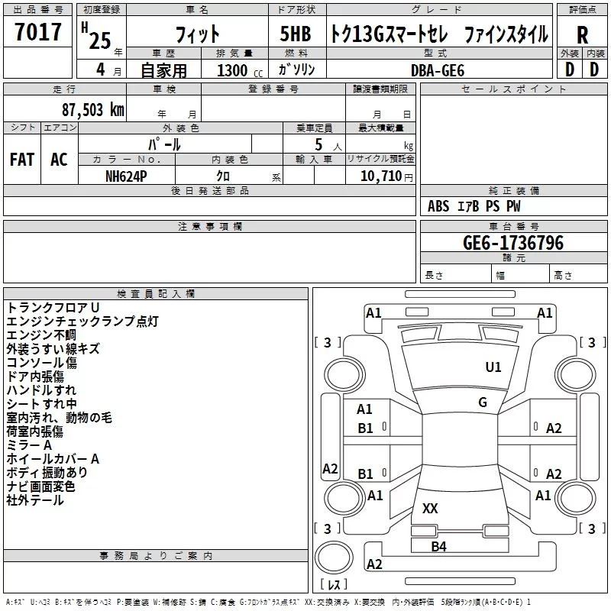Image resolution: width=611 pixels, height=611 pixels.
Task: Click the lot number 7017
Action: (38, 32)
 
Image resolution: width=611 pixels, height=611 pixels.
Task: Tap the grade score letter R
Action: (583, 34)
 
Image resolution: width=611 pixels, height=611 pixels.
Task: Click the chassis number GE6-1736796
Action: (513, 244)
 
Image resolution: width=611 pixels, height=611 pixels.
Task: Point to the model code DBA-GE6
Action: (437, 70)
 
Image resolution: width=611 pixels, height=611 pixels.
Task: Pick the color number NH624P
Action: (127, 176)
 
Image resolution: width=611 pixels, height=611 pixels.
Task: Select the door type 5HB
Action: (295, 34)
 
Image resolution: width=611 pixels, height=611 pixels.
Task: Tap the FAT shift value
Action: (22, 160)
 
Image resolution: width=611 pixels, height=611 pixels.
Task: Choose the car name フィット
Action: (198, 34)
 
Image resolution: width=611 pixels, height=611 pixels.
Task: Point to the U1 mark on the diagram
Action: (493, 367)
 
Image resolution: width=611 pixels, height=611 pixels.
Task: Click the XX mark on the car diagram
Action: (430, 508)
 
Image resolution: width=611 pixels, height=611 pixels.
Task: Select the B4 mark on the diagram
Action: (438, 546)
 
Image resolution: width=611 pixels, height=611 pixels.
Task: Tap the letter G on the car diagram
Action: (483, 402)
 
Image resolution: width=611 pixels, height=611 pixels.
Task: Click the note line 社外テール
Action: (35, 500)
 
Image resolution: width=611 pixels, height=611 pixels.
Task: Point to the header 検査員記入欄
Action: (156, 293)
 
